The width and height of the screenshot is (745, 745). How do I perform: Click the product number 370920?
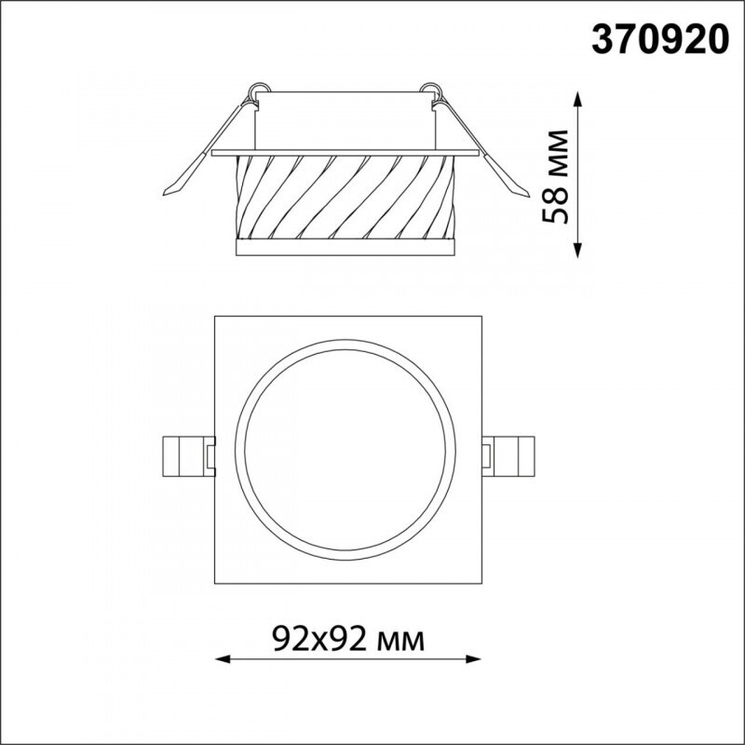[x=660, y=39]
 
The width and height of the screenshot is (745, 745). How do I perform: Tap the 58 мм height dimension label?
[x=555, y=176]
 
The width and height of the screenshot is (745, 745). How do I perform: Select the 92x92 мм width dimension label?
[x=348, y=639]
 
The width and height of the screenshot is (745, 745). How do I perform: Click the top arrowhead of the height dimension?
[x=577, y=99]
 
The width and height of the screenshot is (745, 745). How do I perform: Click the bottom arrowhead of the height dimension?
[x=577, y=251]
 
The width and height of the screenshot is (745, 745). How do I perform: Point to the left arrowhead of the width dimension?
[x=223, y=659]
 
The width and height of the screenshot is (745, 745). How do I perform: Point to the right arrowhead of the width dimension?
[x=474, y=659]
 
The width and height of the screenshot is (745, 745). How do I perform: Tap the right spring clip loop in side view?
[x=430, y=88]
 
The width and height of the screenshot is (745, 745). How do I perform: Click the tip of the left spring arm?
[x=164, y=195]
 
